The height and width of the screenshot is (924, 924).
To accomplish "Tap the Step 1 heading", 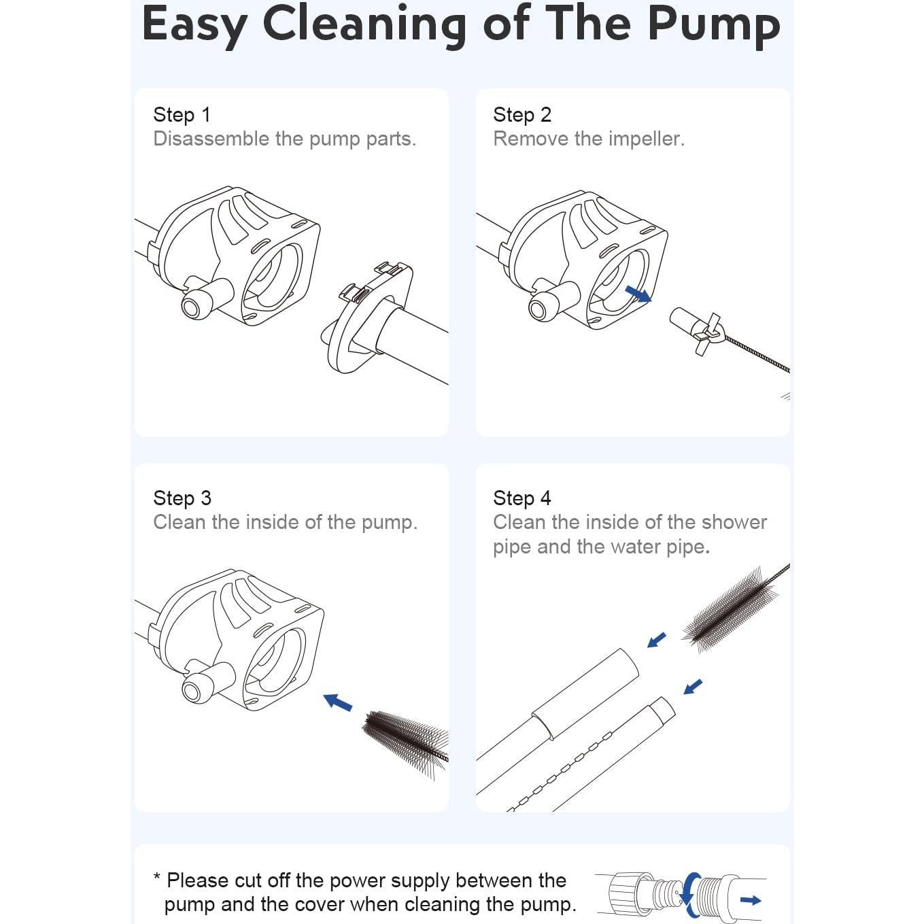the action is pos(182,115).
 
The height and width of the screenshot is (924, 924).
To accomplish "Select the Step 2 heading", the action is pos(522,115).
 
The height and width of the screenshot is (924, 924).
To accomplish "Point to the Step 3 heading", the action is pos(182,498).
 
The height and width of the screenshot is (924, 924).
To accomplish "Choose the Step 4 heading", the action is pos(522,498).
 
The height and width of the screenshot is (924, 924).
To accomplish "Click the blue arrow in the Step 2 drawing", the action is pos(638,294).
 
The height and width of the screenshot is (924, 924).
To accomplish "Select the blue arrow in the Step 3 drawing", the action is pos(338,702).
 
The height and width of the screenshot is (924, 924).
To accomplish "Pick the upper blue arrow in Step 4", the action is pos(657,640).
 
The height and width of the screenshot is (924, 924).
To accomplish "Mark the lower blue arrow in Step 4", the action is pos(693,687).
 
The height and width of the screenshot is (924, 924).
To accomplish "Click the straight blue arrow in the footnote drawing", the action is pos(751,900).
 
